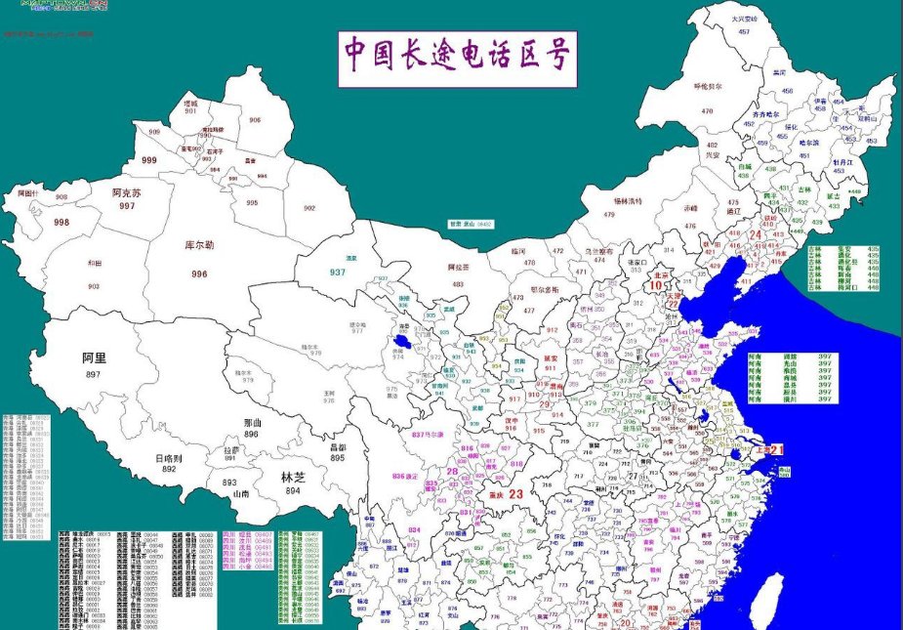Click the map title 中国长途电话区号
pyautogui.click(x=457, y=58)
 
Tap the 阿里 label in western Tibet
pyautogui.click(x=94, y=358)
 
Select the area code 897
pyautogui.click(x=94, y=375)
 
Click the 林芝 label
pyautogui.click(x=293, y=478)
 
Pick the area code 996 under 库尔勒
pyautogui.click(x=199, y=274)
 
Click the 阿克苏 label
pyautogui.click(x=127, y=193)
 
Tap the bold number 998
pyautogui.click(x=62, y=223)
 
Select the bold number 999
pyautogui.click(x=149, y=160)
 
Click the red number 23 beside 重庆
pyautogui.click(x=516, y=494)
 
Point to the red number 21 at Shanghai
pyautogui.click(x=777, y=449)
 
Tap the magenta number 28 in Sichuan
pyautogui.click(x=453, y=472)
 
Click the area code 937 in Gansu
pyautogui.click(x=338, y=272)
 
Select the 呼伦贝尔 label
pyautogui.click(x=708, y=86)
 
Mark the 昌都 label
pyautogui.click(x=338, y=446)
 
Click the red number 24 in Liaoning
pyautogui.click(x=755, y=234)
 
